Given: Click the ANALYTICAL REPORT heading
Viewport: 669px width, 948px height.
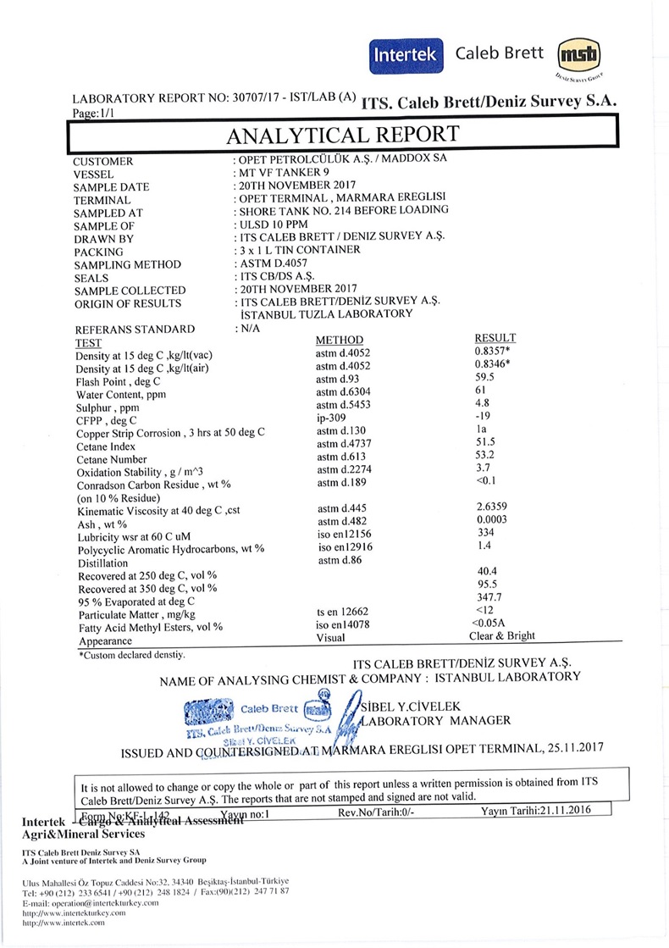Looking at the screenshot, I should [x=342, y=136].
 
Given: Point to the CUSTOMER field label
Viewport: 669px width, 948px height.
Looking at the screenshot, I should [x=102, y=162].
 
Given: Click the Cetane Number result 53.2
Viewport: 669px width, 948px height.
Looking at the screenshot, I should [x=485, y=457].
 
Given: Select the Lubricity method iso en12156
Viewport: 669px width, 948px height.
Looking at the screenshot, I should [x=344, y=535].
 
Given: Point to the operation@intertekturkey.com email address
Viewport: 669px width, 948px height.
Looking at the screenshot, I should [x=91, y=903].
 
